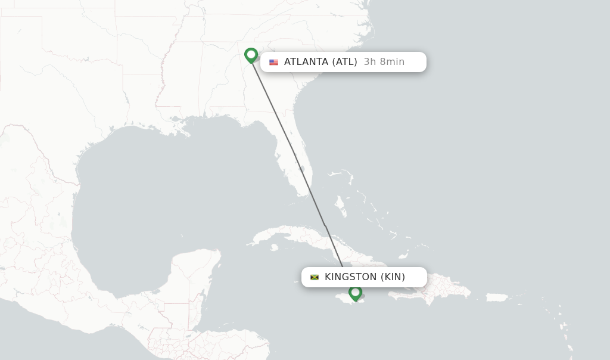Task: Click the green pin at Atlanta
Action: click(x=251, y=55)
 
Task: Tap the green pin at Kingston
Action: click(x=355, y=293)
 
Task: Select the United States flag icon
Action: click(x=273, y=62)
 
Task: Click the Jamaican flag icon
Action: click(x=315, y=277)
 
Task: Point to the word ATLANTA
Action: click(x=306, y=62)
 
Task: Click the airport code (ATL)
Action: click(x=344, y=62)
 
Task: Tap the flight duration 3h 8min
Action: click(x=384, y=62)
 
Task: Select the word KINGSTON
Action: click(x=350, y=277)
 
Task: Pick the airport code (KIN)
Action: click(x=393, y=277)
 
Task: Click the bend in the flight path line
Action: click(x=325, y=225)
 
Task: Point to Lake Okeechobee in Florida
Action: click(x=301, y=169)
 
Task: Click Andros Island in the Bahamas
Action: click(x=341, y=206)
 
